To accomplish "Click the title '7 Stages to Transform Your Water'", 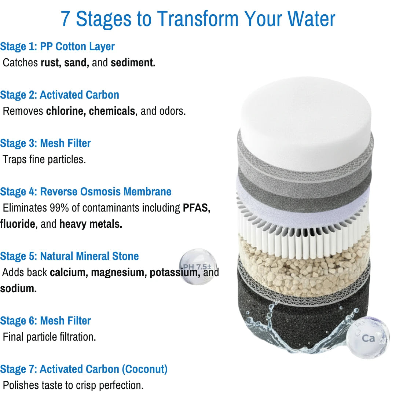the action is point(198,19).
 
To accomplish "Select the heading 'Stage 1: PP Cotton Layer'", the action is point(57,47).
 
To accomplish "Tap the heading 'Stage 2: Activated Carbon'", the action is point(60,95).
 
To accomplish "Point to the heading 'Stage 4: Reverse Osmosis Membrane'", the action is point(85,192).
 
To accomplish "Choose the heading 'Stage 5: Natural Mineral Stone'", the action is point(69,256).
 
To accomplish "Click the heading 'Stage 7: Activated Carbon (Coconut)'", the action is point(84,369).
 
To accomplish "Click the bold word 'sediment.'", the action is point(133,63).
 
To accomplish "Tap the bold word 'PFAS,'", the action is point(197,208).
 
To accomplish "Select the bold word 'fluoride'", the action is point(18,224).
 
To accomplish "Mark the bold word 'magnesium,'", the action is point(119,272).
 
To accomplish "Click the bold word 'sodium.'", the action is point(18,289).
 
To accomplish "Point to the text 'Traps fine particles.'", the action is point(44,159).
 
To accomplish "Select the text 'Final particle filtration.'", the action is point(49,337).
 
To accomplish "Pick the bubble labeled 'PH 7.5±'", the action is point(198,267).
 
